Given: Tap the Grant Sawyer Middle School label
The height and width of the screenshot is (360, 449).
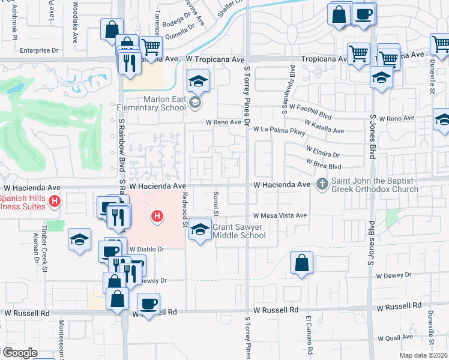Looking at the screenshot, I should click(x=240, y=232).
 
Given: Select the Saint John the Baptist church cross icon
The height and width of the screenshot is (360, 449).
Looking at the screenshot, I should click(x=322, y=184).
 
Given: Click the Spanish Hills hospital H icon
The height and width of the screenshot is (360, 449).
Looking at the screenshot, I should click(x=55, y=201).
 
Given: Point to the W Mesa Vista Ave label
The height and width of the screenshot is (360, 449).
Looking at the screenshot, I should click(x=280, y=215).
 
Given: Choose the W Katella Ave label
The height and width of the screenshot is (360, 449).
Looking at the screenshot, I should click(x=324, y=126).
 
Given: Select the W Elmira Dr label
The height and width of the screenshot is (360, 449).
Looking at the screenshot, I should click(x=322, y=151).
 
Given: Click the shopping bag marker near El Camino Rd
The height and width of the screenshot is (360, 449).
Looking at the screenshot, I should click(x=301, y=263).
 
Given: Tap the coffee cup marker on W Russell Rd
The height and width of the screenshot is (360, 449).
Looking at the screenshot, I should click(x=148, y=304).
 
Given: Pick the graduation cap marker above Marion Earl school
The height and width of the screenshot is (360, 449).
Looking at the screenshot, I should click(x=198, y=80).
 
